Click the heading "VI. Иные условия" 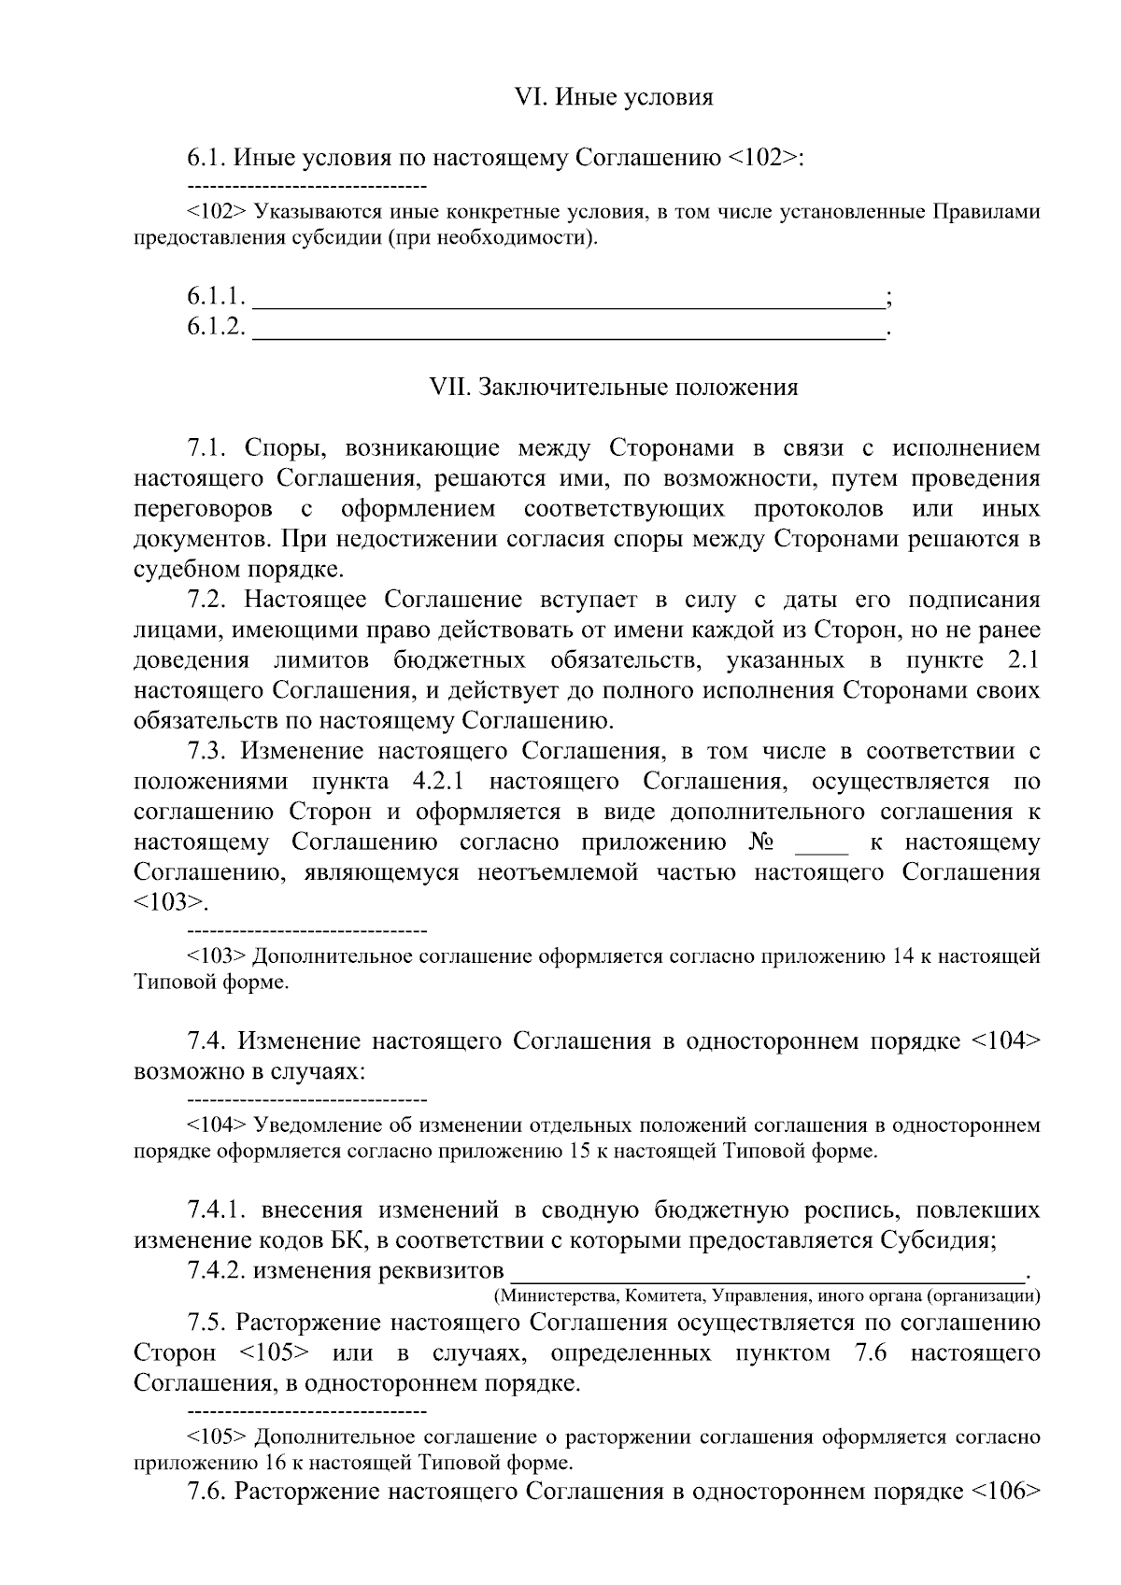[614, 97]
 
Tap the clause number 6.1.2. [217, 327]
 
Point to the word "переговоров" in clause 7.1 [204, 510]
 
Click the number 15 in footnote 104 [578, 1151]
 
